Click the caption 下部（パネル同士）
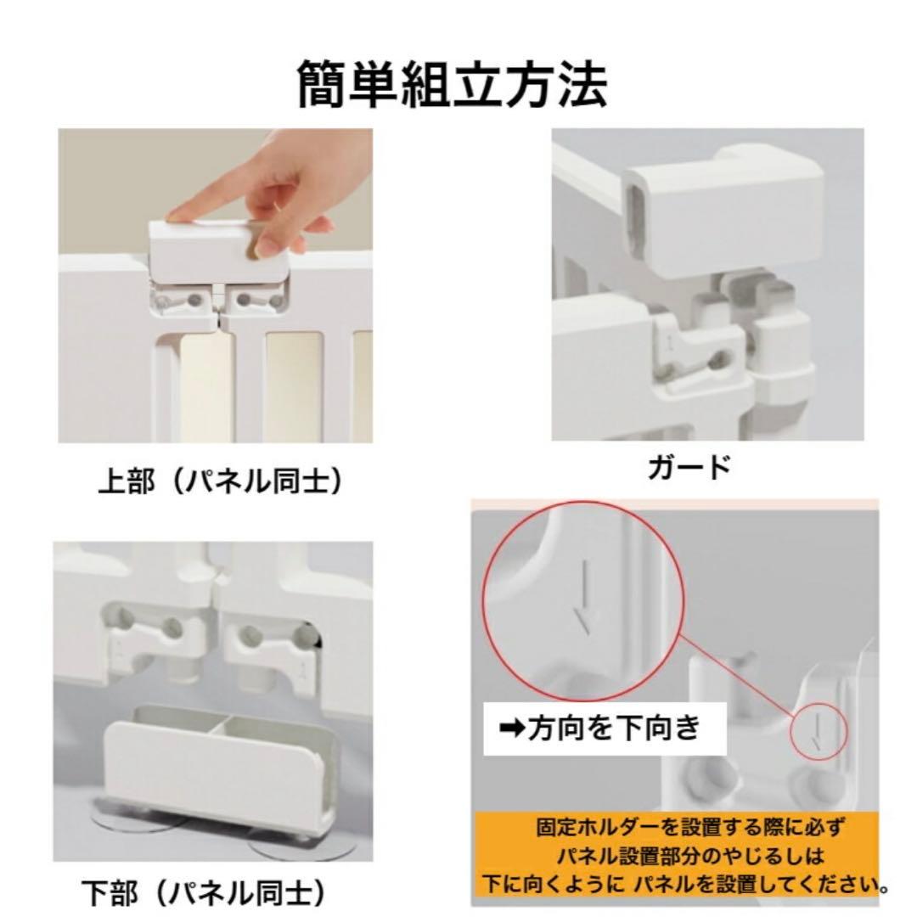pos(205,892)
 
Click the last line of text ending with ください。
pos(684,883)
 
